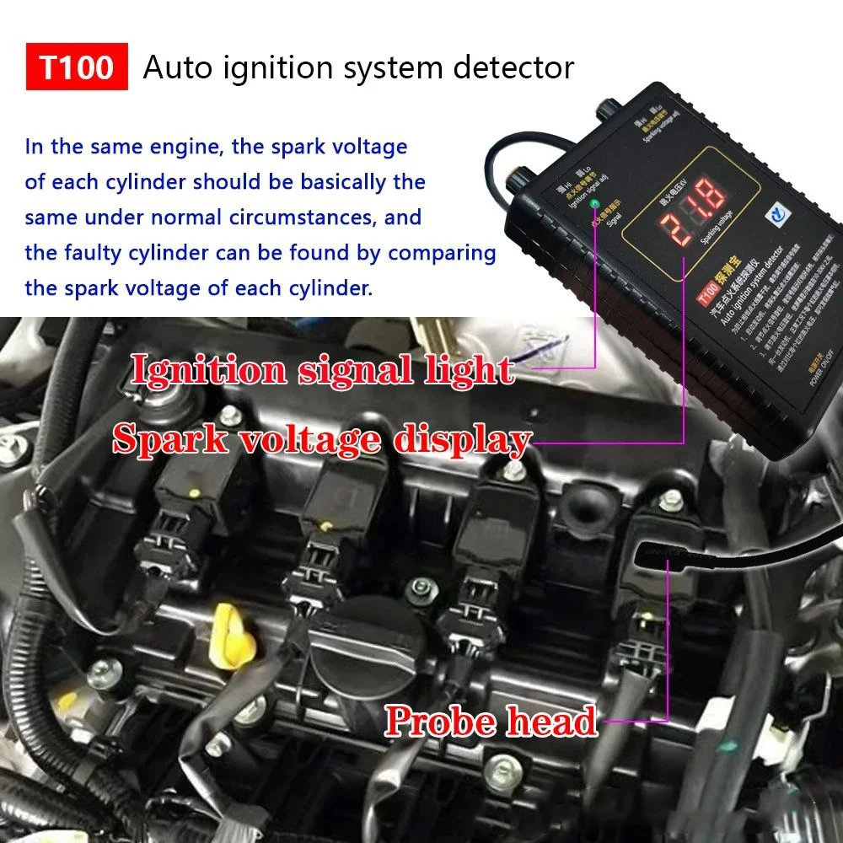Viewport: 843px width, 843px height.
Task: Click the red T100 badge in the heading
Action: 77,67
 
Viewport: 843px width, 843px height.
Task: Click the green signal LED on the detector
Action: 596,204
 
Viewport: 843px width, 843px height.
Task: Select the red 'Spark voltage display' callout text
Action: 321,439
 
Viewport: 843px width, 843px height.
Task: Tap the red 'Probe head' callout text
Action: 491,721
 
